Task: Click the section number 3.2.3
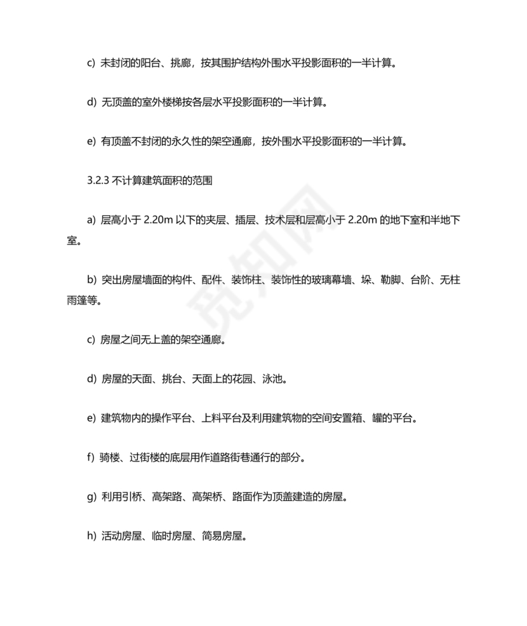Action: (x=98, y=180)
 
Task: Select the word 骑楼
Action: (x=111, y=457)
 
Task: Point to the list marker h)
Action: (x=91, y=536)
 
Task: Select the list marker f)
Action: (x=91, y=457)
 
